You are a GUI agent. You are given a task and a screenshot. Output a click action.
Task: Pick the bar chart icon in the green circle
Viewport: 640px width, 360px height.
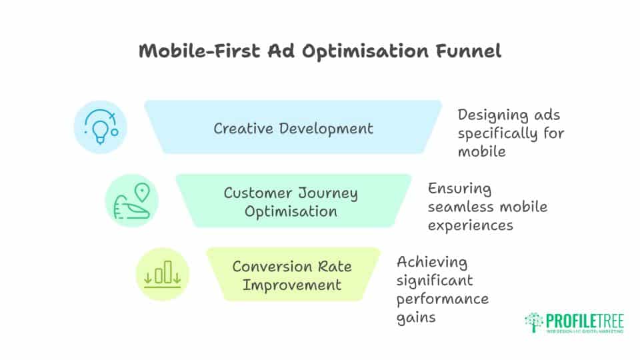163,274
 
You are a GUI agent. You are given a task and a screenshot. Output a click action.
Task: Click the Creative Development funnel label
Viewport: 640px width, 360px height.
293,128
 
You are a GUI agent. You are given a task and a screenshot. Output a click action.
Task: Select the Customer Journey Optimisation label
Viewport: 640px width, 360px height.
291,202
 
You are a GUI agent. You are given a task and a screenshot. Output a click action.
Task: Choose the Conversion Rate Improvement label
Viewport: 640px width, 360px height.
291,275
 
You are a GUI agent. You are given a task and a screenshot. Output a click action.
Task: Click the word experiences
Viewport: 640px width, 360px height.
470,225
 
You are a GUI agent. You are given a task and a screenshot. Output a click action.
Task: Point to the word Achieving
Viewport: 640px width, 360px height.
431,261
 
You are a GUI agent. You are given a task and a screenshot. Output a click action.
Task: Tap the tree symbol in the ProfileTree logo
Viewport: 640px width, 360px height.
534,321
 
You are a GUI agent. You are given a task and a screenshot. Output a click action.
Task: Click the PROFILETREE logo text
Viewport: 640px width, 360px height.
585,319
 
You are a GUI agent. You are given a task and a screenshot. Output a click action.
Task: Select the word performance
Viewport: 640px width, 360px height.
442,298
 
